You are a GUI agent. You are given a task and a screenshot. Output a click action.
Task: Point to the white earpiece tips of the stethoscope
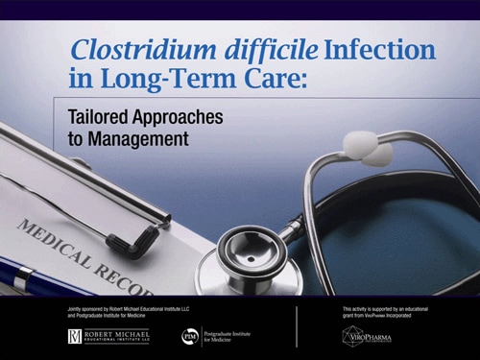[370, 148]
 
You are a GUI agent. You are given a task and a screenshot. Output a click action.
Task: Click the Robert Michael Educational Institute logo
[107, 336]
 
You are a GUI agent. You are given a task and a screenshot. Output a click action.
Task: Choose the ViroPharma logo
[366, 336]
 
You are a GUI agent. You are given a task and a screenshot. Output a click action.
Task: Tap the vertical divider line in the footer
[296, 326]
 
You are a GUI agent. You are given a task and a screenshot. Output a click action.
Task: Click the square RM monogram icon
[75, 336]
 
